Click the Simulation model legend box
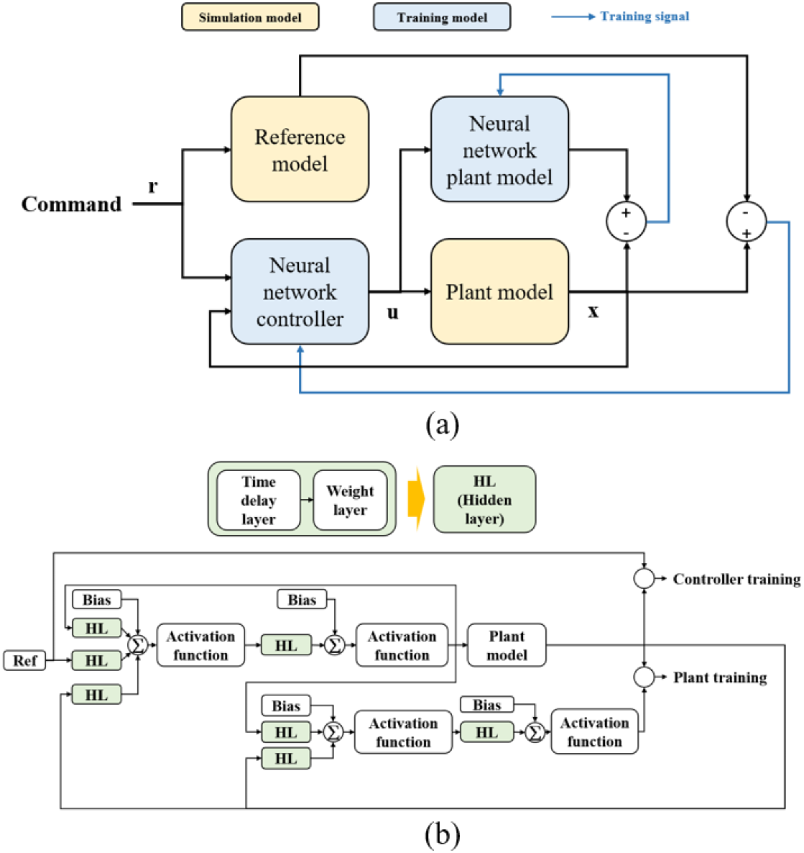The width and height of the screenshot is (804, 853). click(x=250, y=17)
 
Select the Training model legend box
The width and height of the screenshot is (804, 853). click(x=442, y=17)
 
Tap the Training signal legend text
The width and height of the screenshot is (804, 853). click(x=644, y=16)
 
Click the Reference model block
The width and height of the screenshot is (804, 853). click(x=299, y=149)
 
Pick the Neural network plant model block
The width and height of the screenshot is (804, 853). click(x=499, y=149)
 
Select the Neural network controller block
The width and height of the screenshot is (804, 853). click(x=299, y=292)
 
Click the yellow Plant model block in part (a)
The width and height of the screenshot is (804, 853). click(x=499, y=292)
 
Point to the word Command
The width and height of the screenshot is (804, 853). click(x=71, y=204)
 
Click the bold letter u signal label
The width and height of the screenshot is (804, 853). click(x=392, y=312)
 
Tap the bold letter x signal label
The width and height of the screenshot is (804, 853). click(x=593, y=310)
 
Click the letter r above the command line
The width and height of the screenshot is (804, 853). click(x=153, y=186)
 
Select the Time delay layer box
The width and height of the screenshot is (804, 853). click(x=259, y=500)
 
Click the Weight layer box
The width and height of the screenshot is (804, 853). click(x=350, y=500)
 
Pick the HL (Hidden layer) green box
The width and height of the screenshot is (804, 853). click(x=484, y=499)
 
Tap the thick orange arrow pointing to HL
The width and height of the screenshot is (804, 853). click(x=416, y=499)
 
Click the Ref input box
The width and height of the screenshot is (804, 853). click(x=24, y=660)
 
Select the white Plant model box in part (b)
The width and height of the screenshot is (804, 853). click(x=507, y=645)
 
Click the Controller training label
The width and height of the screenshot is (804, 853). click(x=736, y=579)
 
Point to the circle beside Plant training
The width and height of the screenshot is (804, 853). click(x=644, y=677)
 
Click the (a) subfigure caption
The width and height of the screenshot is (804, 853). click(x=442, y=424)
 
